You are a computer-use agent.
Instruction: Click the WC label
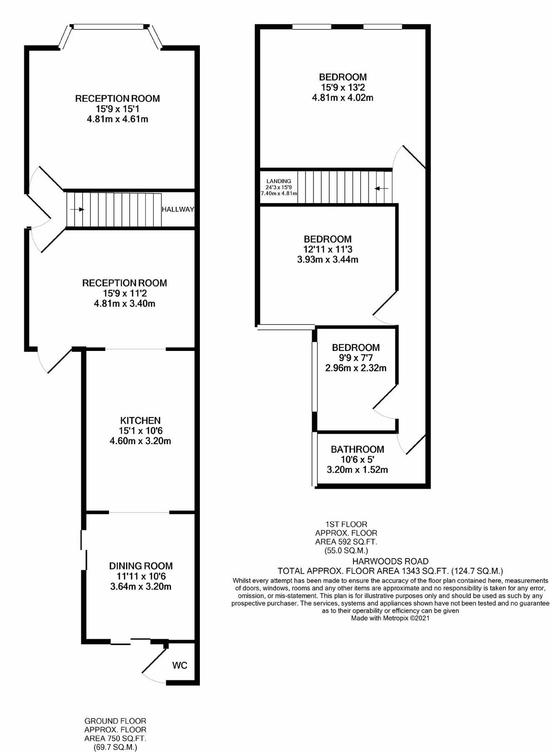(x=180, y=665)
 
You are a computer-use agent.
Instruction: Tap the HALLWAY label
(x=178, y=209)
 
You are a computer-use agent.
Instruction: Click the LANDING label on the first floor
(x=278, y=181)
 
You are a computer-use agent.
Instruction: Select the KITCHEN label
(x=140, y=420)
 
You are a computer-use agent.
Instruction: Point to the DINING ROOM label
(x=141, y=566)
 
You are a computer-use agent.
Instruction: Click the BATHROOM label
(x=357, y=449)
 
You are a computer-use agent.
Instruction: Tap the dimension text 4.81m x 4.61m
(x=117, y=119)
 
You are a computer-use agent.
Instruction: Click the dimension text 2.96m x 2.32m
(x=356, y=368)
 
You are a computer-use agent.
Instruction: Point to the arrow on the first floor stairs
(x=381, y=188)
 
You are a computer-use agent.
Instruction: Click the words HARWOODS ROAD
(x=390, y=561)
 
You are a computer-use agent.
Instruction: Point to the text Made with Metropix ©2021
(x=390, y=618)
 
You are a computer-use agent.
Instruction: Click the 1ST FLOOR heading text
(x=346, y=524)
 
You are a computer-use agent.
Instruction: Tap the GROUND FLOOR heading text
(x=115, y=721)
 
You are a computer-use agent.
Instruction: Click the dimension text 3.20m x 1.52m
(x=357, y=470)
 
